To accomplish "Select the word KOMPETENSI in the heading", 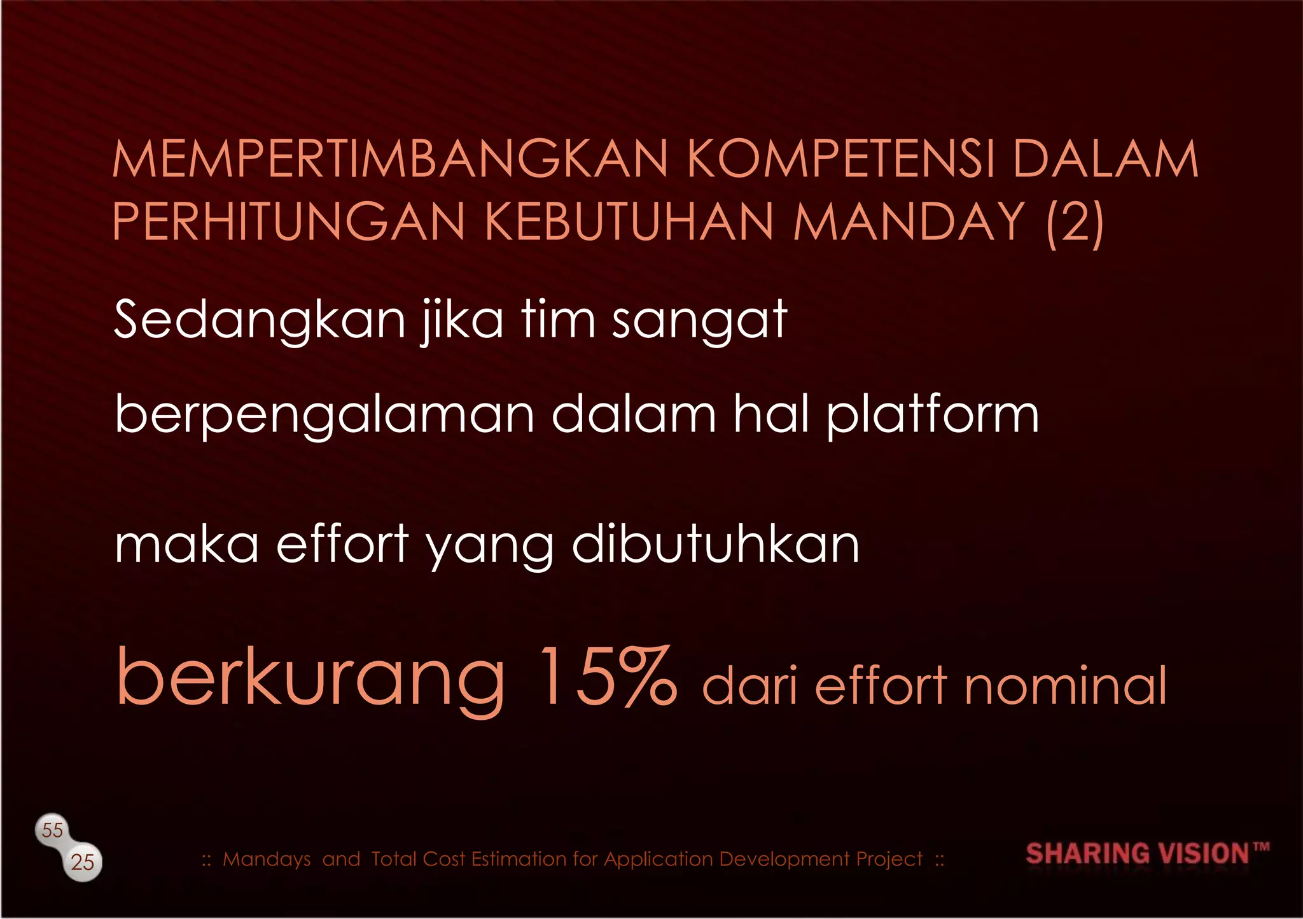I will click(x=840, y=159).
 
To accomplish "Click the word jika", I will click(x=462, y=319).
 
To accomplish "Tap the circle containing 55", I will click(x=52, y=830).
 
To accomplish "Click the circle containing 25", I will click(x=83, y=862).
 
